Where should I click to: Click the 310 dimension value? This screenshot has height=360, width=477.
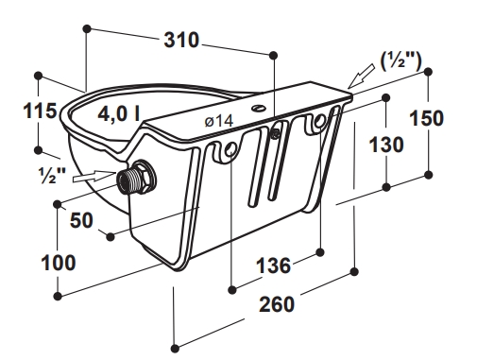click(181, 41)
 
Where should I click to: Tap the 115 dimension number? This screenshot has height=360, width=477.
click(40, 111)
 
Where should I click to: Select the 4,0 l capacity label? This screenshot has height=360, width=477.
click(119, 113)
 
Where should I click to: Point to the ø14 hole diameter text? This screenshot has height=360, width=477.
click(219, 121)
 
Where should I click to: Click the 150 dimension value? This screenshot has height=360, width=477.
click(426, 119)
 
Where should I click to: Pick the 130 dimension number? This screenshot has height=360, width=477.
click(386, 146)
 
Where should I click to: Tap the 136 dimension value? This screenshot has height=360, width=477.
click(273, 266)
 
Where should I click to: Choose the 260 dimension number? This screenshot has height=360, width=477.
click(277, 304)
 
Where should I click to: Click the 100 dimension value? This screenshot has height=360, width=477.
click(59, 263)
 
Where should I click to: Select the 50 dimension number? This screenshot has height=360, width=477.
click(81, 220)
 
